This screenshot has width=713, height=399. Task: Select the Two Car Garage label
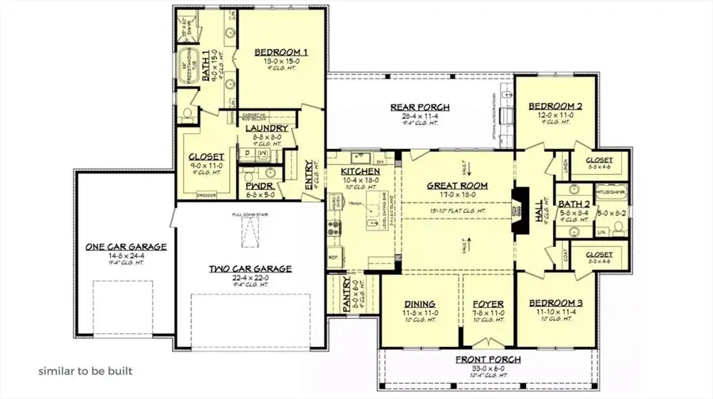coord(250,269)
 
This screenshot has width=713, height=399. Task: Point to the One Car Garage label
coord(127,247)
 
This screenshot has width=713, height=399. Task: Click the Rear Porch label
coord(420,107)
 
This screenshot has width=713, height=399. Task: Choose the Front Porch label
coord(488,360)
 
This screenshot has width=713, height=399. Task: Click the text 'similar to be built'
coord(86,370)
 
